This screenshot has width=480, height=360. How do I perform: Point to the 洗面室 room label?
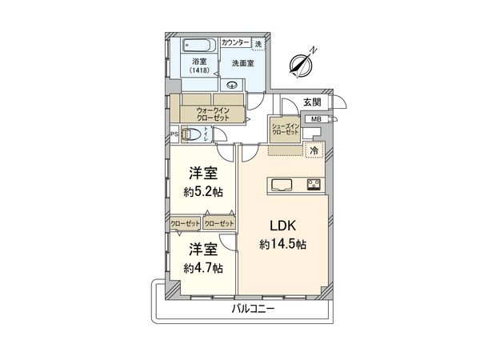click(242, 62)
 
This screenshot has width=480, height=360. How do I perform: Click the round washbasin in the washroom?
click(233, 86)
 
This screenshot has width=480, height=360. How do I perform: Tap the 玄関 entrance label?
click(312, 102)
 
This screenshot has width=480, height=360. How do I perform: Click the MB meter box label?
click(315, 119)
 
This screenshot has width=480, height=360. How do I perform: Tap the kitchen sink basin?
click(283, 186)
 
